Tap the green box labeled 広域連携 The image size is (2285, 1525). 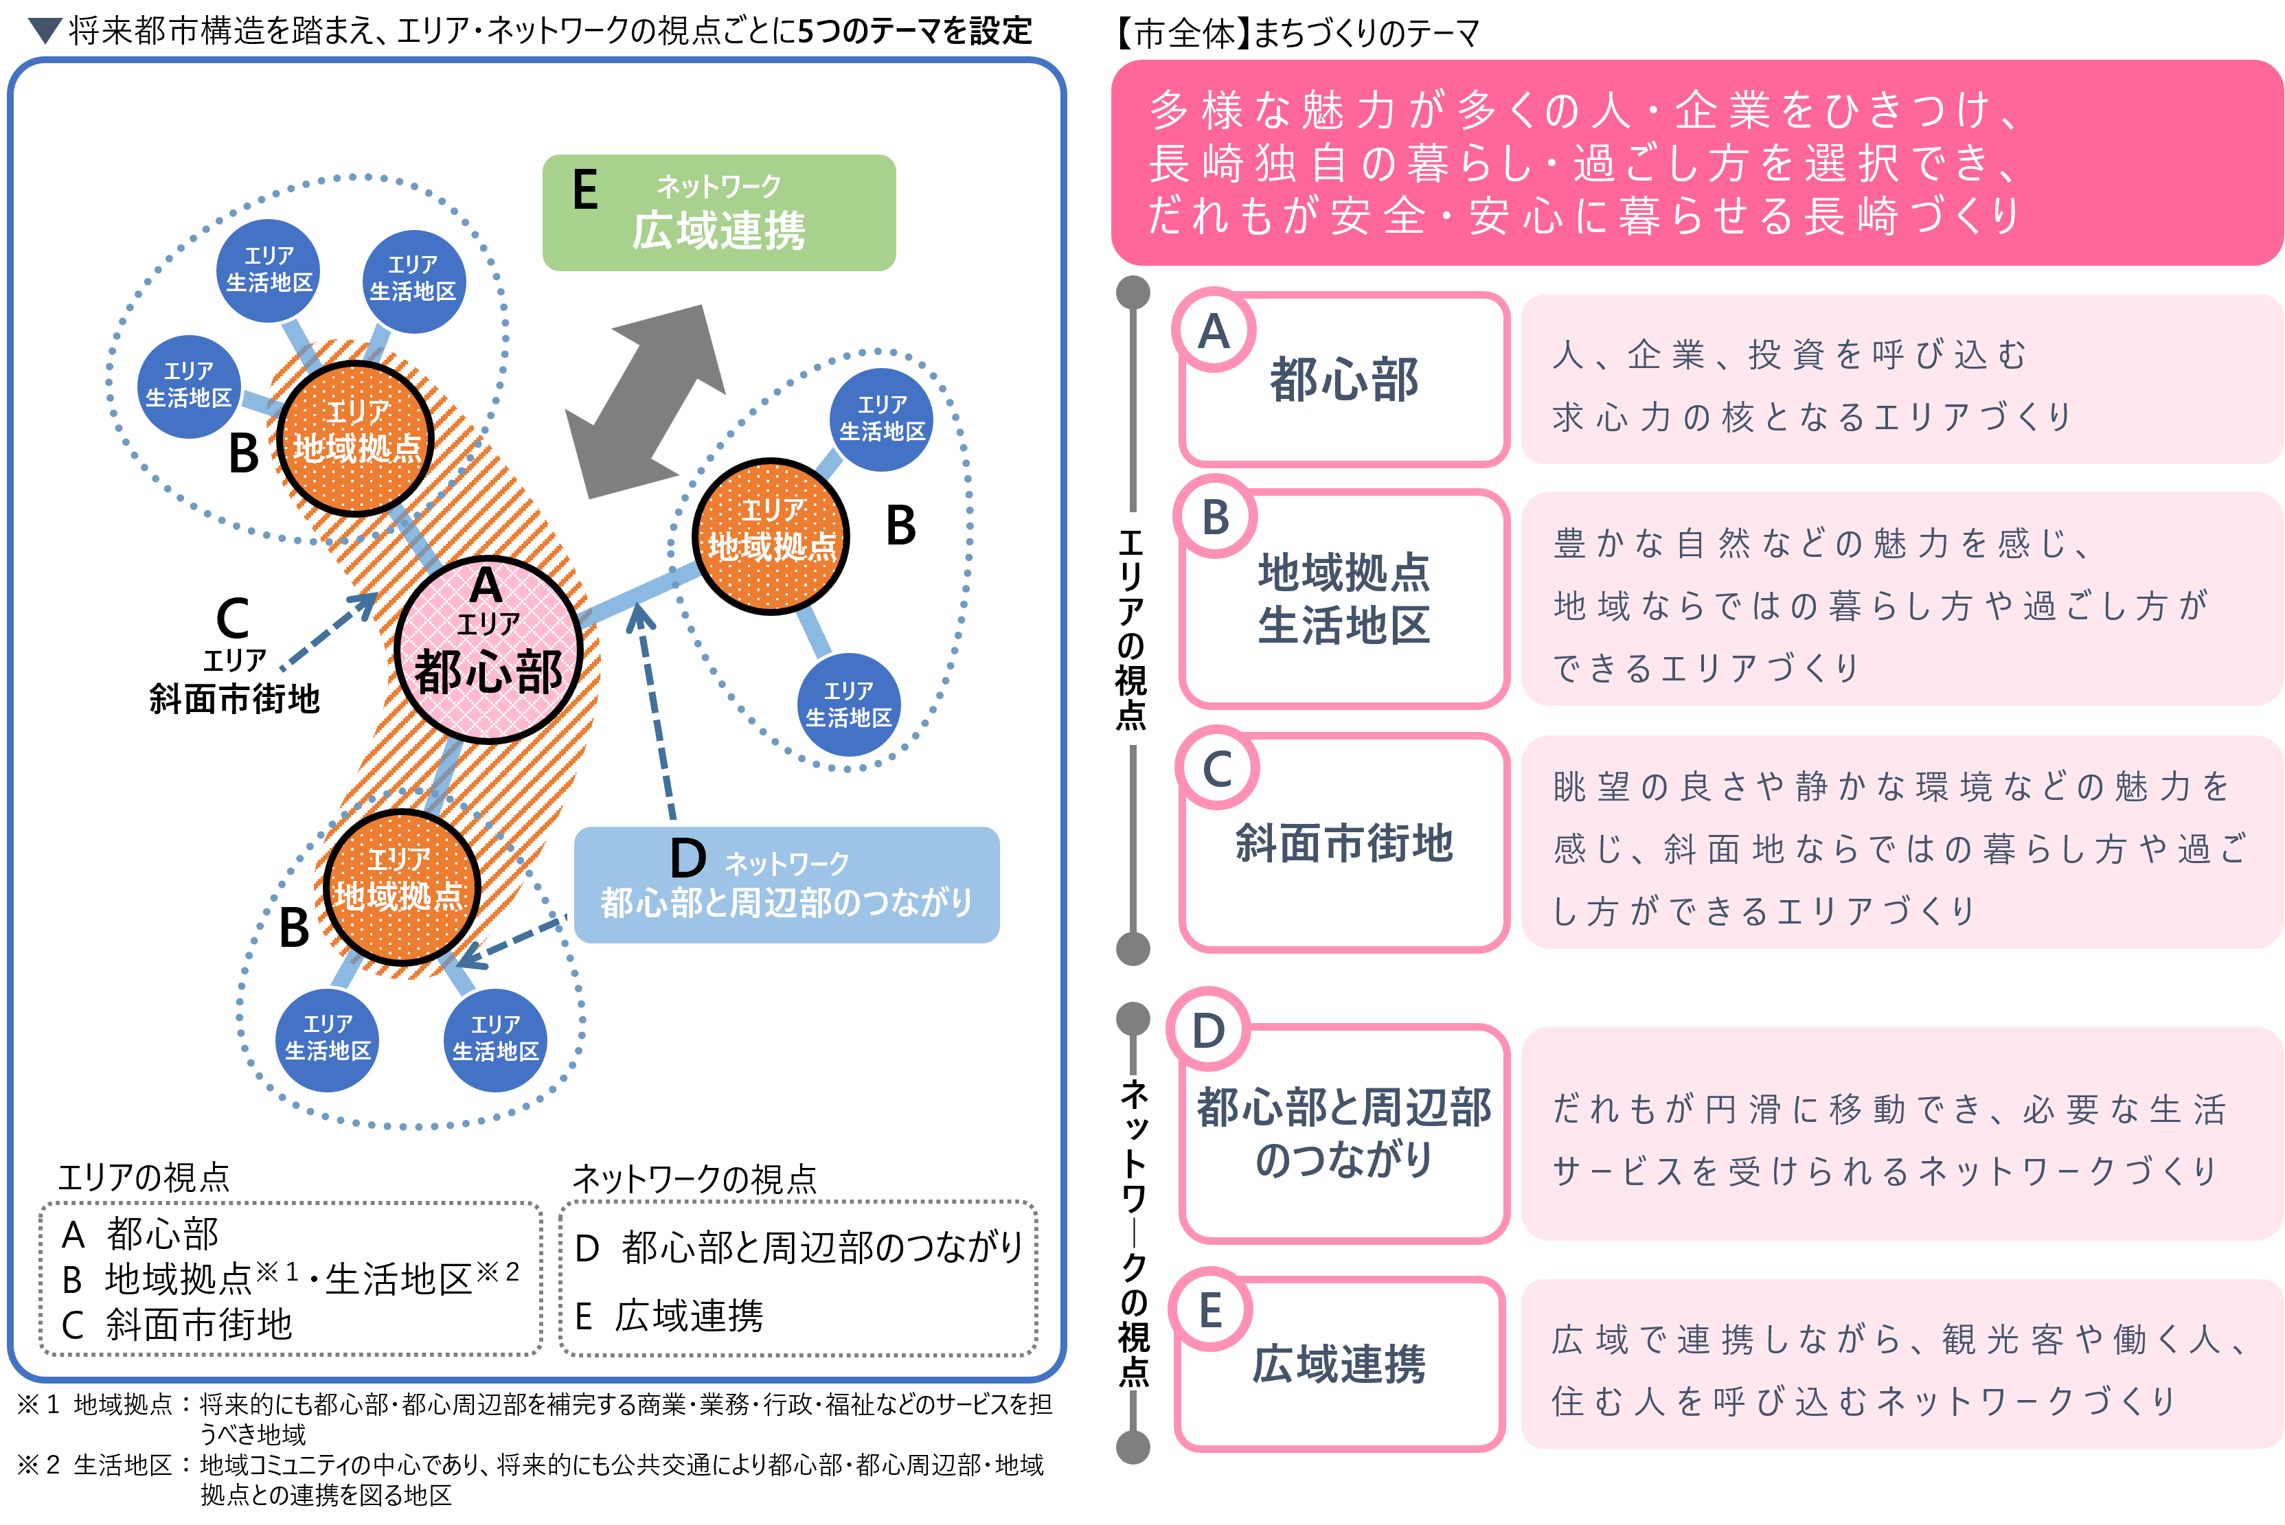click(x=719, y=213)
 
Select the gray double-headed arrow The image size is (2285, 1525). click(x=645, y=402)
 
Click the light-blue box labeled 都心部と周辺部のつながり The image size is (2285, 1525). click(x=786, y=885)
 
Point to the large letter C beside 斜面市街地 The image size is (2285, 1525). click(x=233, y=619)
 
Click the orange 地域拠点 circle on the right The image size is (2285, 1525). click(x=771, y=536)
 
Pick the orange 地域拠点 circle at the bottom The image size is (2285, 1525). click(x=401, y=886)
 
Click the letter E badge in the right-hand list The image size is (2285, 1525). click(x=1210, y=1311)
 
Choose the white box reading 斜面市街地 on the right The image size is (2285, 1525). click(x=1343, y=843)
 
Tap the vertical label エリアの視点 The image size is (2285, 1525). click(x=1131, y=628)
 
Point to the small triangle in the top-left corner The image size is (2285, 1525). click(x=45, y=29)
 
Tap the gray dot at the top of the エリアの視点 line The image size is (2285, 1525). click(x=1133, y=292)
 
